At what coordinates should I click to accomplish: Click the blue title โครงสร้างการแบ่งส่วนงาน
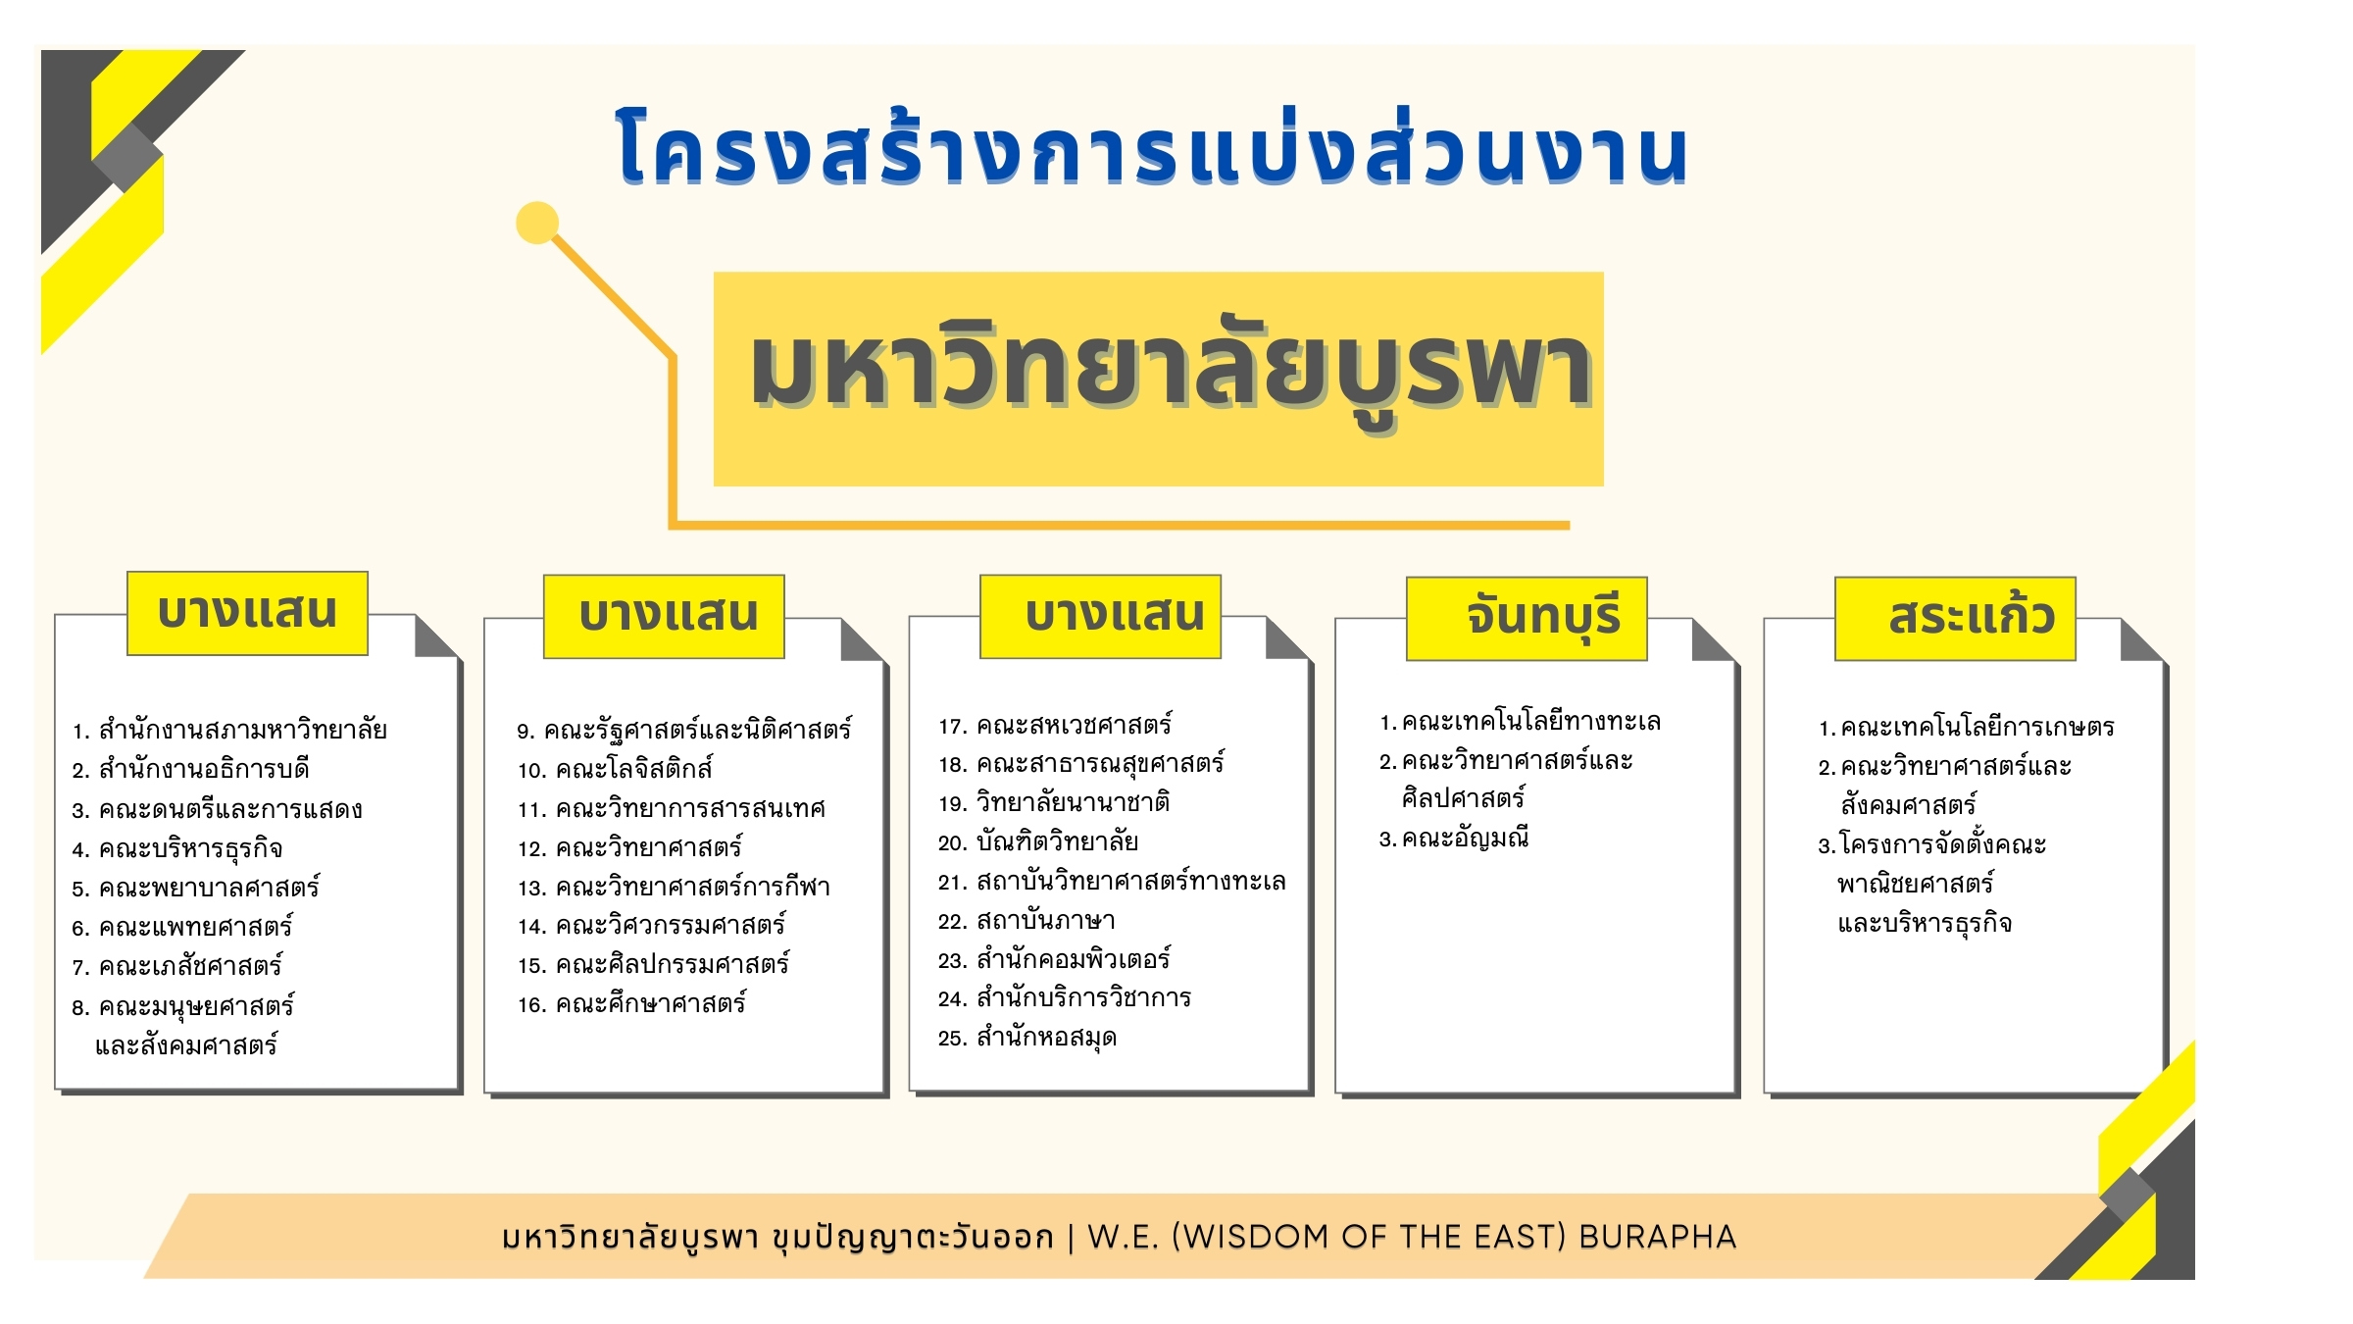(x=1152, y=147)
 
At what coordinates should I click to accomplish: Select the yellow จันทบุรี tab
(x=1527, y=619)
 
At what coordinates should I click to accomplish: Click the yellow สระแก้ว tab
(x=1955, y=619)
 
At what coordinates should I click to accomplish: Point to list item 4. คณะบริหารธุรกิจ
(x=177, y=849)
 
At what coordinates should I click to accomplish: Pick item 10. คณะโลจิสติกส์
(x=615, y=769)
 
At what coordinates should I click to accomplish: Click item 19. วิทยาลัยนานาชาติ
(x=1054, y=803)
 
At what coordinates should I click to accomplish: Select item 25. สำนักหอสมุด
(x=1026, y=1038)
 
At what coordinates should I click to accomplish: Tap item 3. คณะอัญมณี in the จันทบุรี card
(x=1454, y=839)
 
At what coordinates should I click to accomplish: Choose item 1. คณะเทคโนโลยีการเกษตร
(x=1966, y=728)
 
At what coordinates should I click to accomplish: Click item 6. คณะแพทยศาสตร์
(x=182, y=927)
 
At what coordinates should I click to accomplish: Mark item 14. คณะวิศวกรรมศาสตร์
(x=652, y=925)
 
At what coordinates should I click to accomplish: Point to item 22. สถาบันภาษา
(x=1026, y=921)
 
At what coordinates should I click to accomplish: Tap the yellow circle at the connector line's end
(x=537, y=223)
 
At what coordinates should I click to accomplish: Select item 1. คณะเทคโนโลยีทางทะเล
(x=1520, y=722)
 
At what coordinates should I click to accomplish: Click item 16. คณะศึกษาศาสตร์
(x=632, y=1003)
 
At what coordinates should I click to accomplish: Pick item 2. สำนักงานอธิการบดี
(x=190, y=769)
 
